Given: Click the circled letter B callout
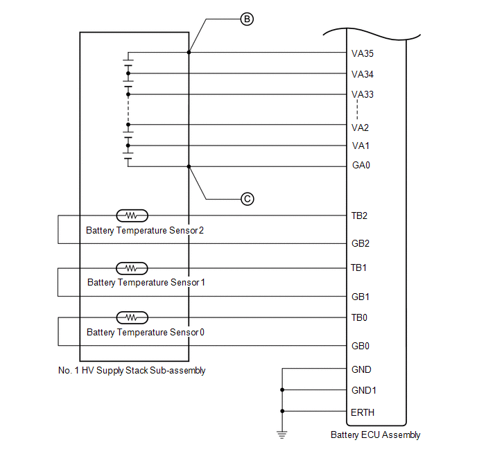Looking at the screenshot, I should pyautogui.click(x=245, y=19).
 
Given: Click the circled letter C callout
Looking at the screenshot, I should pyautogui.click(x=248, y=199).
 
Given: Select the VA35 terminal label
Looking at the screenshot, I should pyautogui.click(x=363, y=53).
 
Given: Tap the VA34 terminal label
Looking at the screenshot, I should pyautogui.click(x=363, y=73).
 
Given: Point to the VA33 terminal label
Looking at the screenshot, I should pyautogui.click(x=363, y=94).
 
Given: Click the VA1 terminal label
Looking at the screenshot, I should pyautogui.click(x=360, y=146).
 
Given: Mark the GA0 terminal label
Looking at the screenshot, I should pyautogui.click(x=361, y=166).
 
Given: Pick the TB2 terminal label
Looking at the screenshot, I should pyautogui.click(x=359, y=216).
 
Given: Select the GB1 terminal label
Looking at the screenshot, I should pyautogui.click(x=360, y=297).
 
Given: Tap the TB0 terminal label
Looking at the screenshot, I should pyautogui.click(x=359, y=317).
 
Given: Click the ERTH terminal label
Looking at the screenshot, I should pyautogui.click(x=363, y=412).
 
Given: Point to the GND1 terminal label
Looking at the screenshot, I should pyautogui.click(x=364, y=390).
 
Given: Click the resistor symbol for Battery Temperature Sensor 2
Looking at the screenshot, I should pyautogui.click(x=132, y=216).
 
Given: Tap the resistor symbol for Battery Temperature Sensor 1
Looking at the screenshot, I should pyautogui.click(x=132, y=268).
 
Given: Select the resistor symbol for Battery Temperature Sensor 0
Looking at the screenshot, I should pyautogui.click(x=132, y=317).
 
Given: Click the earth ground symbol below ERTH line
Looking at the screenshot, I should pyautogui.click(x=282, y=434).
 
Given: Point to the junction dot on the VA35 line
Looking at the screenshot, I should pyautogui.click(x=189, y=52).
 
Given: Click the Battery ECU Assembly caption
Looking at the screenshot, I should pyautogui.click(x=375, y=435).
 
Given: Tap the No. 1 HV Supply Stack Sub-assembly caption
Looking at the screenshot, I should pyautogui.click(x=132, y=371).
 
